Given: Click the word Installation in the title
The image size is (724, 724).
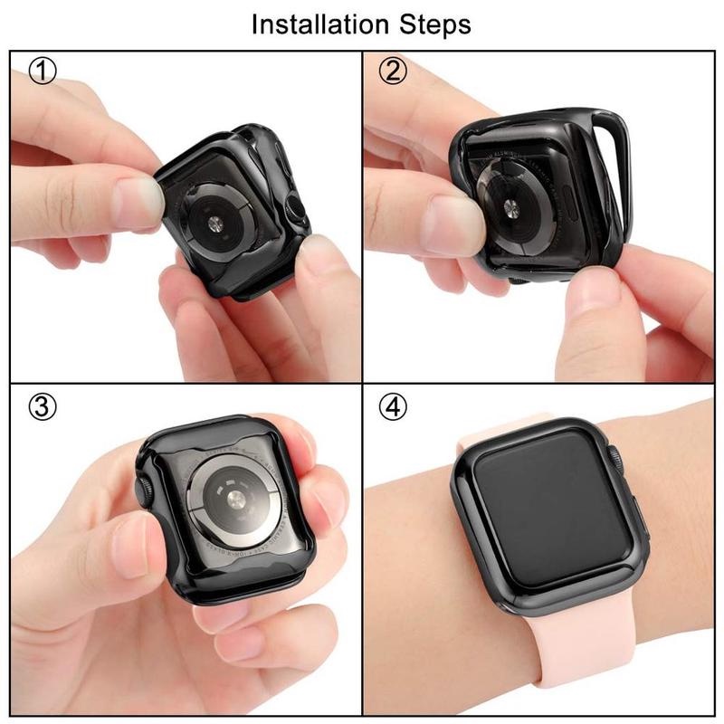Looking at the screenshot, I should [x=312, y=24].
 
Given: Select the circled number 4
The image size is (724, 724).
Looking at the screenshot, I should [x=393, y=407].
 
